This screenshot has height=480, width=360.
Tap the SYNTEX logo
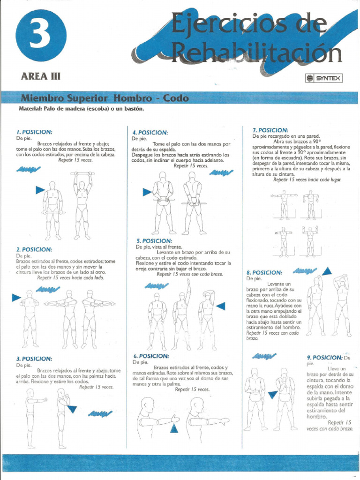(x=324, y=79)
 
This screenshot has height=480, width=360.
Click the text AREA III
(x=41, y=76)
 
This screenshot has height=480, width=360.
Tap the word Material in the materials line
(x=30, y=109)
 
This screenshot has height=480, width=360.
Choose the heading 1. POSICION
(x=34, y=132)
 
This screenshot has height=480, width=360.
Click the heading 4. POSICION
(x=150, y=133)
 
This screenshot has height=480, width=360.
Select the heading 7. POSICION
(x=270, y=130)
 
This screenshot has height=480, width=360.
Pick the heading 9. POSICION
(x=324, y=357)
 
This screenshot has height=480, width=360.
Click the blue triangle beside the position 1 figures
(x=40, y=190)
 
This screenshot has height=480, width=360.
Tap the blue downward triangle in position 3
(x=72, y=409)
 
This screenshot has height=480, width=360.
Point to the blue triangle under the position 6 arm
(x=174, y=427)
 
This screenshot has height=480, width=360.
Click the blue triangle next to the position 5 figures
(x=220, y=306)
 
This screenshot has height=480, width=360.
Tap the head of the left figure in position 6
(x=148, y=404)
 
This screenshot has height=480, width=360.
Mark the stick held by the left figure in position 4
(x=163, y=200)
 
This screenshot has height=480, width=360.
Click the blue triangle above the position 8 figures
(x=327, y=270)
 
